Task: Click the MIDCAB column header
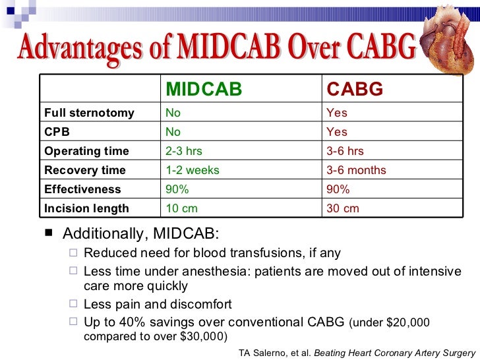tap(203, 90)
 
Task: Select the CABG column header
tap(355, 90)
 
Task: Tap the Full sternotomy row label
tap(89, 113)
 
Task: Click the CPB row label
tap(57, 132)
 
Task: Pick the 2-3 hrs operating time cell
tap(184, 151)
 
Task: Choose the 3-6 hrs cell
tap(345, 151)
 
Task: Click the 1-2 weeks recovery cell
tap(192, 170)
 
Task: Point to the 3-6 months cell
tap(357, 170)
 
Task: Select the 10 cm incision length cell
tap(181, 208)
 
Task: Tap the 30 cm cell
tap(343, 208)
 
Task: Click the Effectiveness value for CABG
tap(338, 189)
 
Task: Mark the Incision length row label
tap(86, 208)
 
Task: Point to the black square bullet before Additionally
tap(45, 235)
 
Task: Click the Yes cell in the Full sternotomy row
tap(337, 113)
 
